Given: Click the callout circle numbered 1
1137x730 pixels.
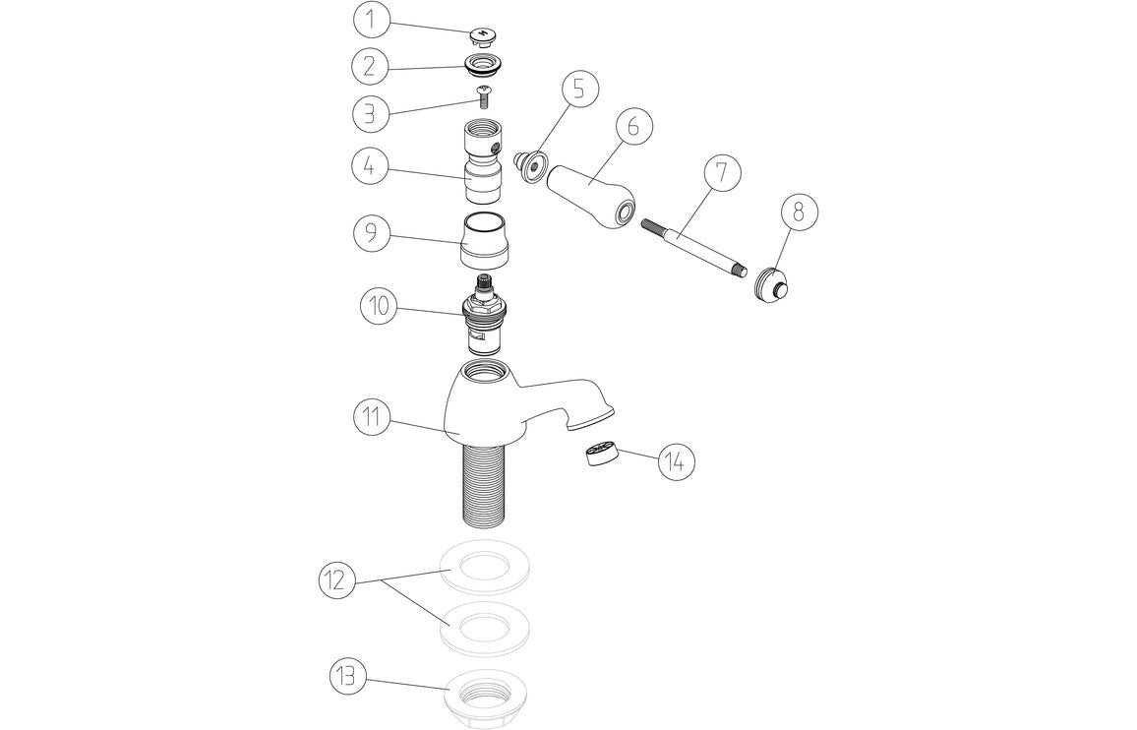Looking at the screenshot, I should tap(371, 20).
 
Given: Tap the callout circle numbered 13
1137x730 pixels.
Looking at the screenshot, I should tap(347, 677).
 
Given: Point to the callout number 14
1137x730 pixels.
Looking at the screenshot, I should tap(676, 460).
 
